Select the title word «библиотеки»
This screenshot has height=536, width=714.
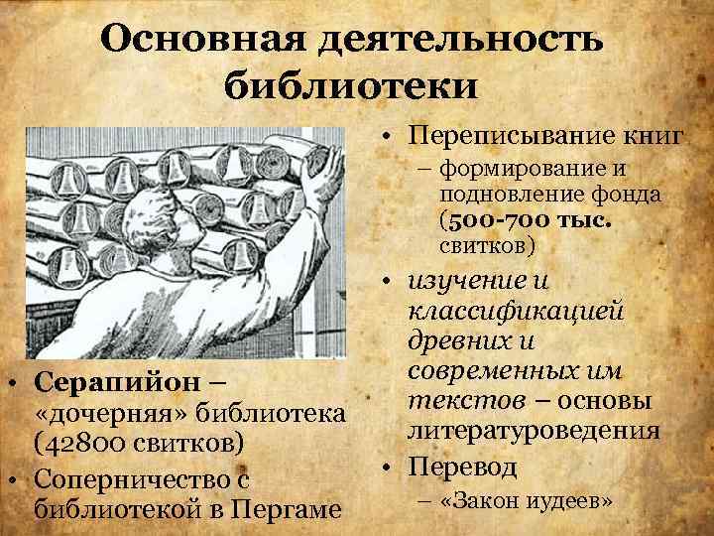pyautogui.click(x=351, y=85)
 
